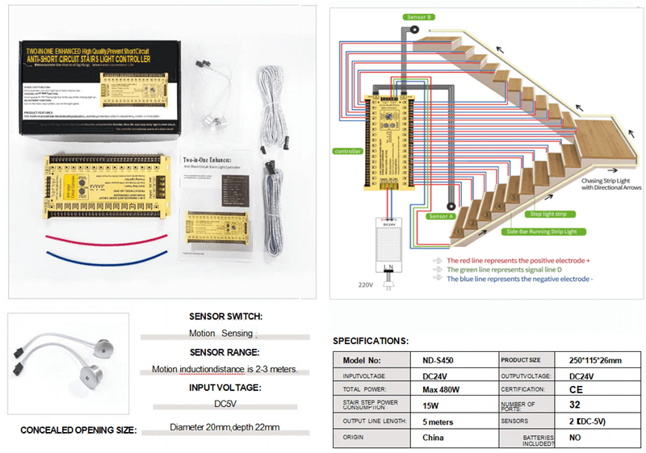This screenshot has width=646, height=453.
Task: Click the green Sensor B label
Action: (419, 16)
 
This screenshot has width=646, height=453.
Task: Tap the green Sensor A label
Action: (442, 216)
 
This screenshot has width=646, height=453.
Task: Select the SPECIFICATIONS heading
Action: (371, 342)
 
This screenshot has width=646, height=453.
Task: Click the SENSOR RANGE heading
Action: (224, 352)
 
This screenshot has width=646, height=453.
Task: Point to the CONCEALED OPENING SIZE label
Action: (78, 430)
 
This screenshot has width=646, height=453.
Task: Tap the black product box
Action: (97, 77)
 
